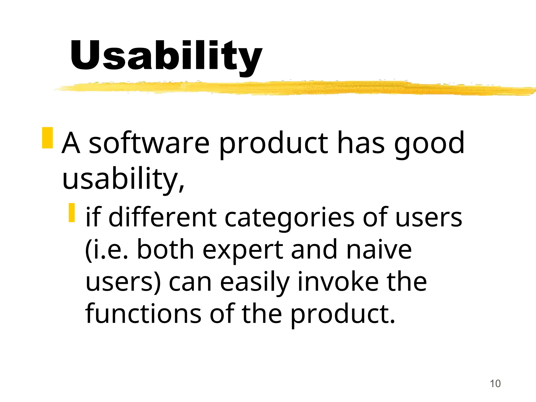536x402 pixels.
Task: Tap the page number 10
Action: click(495, 384)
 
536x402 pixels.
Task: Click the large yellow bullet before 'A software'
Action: click(47, 138)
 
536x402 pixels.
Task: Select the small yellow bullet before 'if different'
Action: click(72, 213)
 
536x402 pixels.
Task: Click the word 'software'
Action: click(149, 143)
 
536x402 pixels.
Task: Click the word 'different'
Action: click(162, 217)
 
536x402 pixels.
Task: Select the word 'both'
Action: click(165, 250)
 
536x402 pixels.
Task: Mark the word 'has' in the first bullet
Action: click(361, 143)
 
